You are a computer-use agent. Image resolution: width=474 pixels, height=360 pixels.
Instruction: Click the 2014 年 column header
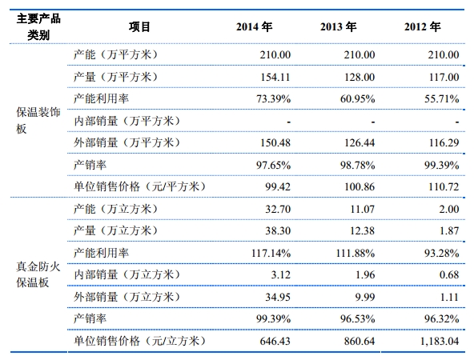(255, 27)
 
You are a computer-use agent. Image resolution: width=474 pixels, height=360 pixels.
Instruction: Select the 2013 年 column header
(338, 27)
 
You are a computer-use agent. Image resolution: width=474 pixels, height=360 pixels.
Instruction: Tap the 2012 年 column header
(422, 27)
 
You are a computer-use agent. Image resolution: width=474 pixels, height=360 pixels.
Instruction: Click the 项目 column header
(139, 27)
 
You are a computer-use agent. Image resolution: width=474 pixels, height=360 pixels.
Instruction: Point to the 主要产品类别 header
(38, 27)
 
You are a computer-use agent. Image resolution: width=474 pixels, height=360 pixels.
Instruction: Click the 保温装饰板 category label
(38, 120)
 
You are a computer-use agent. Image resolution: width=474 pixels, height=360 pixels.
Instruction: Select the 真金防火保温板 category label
(38, 274)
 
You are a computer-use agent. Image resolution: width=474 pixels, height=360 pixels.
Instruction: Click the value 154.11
(275, 77)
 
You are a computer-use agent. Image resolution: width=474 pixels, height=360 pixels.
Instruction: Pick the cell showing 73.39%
(273, 98)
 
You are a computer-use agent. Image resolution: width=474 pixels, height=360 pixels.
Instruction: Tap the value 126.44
(360, 142)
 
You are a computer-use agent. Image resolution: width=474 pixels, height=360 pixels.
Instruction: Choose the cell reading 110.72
(444, 186)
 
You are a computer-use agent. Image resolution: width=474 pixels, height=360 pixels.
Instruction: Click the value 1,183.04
(440, 341)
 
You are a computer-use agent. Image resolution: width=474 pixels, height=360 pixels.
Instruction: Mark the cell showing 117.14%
(271, 253)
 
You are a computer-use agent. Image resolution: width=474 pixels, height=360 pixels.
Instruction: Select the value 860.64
(360, 341)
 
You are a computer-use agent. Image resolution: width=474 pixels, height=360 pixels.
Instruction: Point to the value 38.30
(278, 230)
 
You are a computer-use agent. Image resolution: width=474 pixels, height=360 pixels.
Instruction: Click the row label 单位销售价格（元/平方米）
(139, 186)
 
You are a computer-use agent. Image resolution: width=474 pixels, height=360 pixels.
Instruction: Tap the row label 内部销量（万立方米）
(127, 274)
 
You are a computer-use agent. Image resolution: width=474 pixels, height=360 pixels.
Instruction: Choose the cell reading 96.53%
(357, 319)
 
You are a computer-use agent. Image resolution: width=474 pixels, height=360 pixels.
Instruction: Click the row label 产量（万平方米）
(115, 77)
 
